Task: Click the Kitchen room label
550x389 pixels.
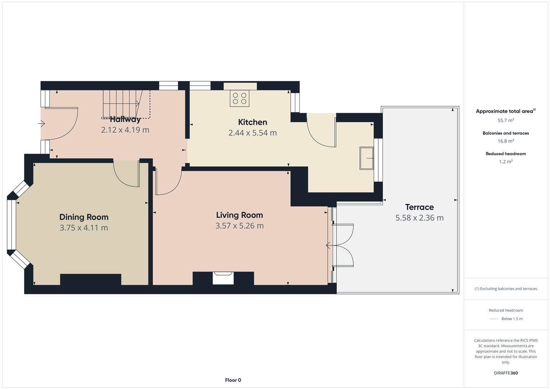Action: [252, 122]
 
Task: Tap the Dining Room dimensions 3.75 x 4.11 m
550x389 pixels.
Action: [84, 228]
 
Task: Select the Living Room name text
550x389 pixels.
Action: [240, 215]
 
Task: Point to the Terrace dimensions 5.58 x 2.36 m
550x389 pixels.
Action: [419, 218]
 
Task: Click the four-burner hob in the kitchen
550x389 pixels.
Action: [240, 98]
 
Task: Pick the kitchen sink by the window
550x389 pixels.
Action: [366, 158]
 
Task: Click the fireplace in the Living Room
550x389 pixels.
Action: [223, 278]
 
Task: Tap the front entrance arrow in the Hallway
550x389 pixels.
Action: [41, 124]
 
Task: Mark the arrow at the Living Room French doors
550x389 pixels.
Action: [328, 245]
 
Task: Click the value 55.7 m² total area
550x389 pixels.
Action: [506, 120]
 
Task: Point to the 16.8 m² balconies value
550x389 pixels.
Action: [506, 141]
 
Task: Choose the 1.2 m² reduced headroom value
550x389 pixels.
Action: [506, 161]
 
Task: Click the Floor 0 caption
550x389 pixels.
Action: [233, 380]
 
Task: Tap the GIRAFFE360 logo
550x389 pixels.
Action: [506, 373]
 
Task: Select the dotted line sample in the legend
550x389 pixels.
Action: [494, 319]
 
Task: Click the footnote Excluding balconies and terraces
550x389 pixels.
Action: [506, 289]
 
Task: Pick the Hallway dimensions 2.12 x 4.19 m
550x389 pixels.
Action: [125, 130]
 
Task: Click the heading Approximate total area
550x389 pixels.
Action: [505, 111]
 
